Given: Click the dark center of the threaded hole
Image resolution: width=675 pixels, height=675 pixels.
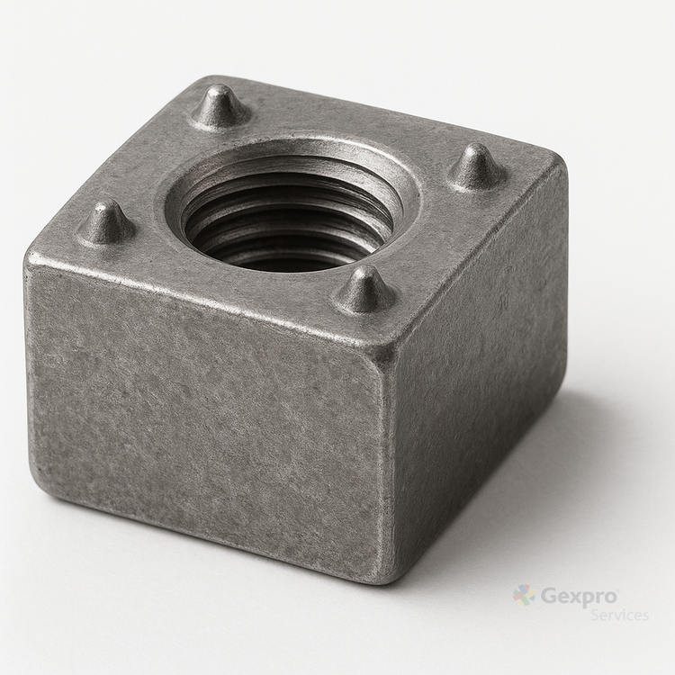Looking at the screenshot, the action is point(284,232).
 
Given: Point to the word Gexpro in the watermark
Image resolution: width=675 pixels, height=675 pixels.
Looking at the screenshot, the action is point(579,596).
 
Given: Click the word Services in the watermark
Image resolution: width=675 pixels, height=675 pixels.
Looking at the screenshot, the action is point(619,615).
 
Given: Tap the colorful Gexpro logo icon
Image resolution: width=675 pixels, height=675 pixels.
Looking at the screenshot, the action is point(524,596).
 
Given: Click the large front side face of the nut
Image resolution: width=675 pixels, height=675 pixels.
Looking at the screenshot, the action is point(207,413).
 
